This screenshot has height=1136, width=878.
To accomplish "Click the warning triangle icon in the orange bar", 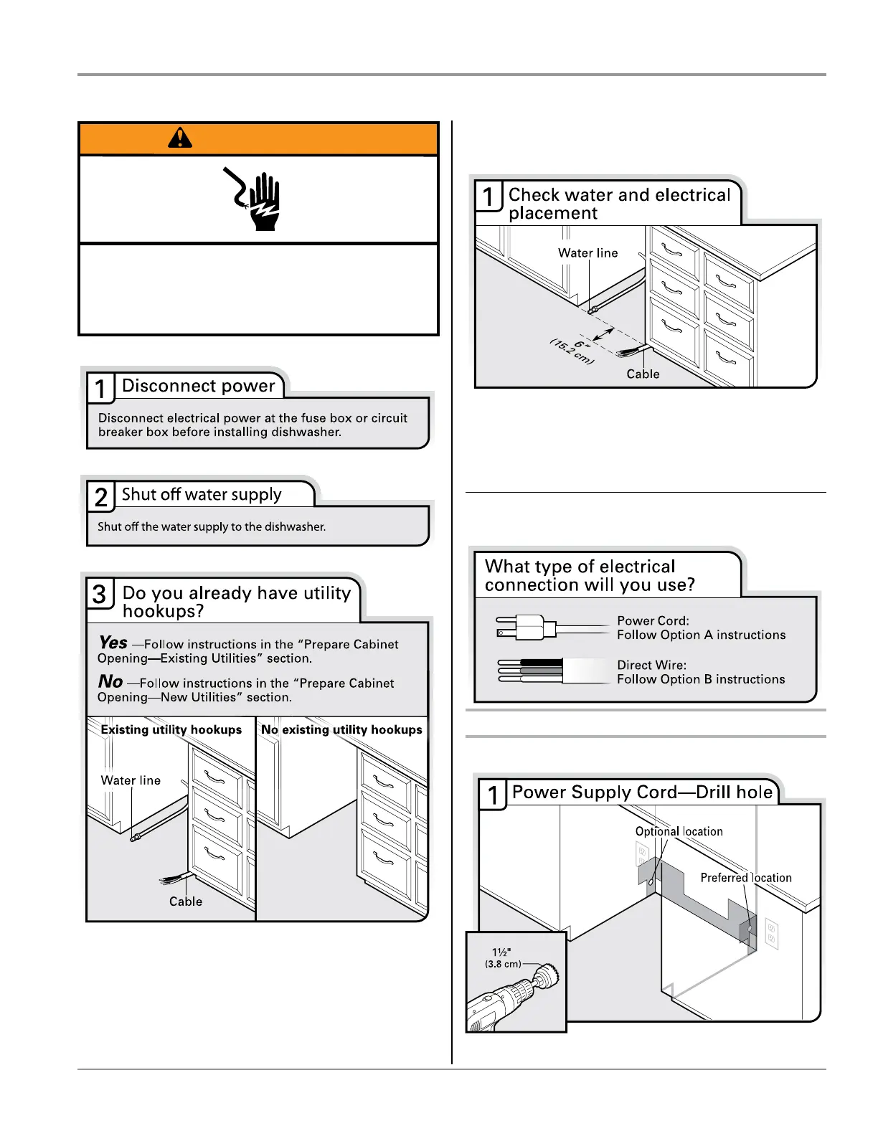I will click(180, 137).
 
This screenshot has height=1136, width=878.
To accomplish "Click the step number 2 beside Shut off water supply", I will click(101, 496).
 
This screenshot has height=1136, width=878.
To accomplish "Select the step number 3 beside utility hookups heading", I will click(100, 594).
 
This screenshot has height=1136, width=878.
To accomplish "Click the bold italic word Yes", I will click(113, 643).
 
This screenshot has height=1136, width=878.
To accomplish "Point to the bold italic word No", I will click(110, 681).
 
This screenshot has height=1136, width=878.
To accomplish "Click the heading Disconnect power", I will click(199, 386).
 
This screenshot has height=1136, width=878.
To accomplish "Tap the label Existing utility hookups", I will click(171, 729).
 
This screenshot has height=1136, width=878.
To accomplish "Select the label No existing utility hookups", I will click(341, 729).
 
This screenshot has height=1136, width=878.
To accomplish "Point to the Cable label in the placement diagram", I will click(643, 374).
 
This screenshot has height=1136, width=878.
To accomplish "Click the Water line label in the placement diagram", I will click(587, 253).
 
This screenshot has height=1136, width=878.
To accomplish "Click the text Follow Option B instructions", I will click(701, 679).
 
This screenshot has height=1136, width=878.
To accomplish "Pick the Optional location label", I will click(679, 831).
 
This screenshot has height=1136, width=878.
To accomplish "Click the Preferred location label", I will click(746, 878).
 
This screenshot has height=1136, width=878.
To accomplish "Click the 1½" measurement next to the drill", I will click(501, 952).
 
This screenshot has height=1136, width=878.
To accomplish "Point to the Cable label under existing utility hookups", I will click(186, 901).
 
